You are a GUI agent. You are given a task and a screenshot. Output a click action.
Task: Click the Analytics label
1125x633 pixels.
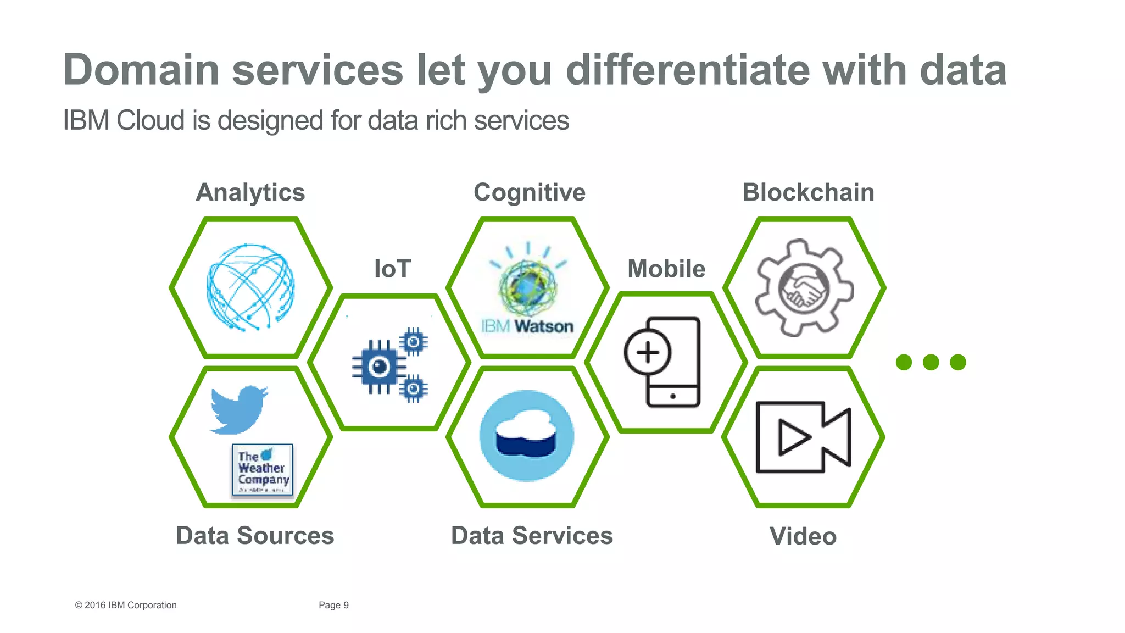[250, 193]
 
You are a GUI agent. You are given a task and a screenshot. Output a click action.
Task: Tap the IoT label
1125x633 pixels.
[392, 269]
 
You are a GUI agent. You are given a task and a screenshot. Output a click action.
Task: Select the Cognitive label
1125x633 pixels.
[530, 193]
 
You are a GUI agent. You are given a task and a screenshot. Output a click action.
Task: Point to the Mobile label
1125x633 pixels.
[666, 269]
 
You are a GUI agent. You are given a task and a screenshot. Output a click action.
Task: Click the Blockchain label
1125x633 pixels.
[808, 193]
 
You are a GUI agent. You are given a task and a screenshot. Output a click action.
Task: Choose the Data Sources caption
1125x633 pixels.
[255, 536]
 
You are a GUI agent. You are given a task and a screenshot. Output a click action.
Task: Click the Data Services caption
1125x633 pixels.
[532, 536]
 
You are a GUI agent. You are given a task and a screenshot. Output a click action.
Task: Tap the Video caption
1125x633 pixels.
[803, 536]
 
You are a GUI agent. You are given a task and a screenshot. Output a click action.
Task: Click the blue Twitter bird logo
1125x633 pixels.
[238, 410]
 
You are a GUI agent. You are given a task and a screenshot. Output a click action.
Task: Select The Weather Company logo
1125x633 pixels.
[263, 470]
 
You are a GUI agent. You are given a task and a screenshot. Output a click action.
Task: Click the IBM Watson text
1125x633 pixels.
[527, 326]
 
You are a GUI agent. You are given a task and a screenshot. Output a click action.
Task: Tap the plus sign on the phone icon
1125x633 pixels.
[648, 352]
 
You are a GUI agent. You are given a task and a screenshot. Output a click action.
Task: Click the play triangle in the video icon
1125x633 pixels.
[793, 437]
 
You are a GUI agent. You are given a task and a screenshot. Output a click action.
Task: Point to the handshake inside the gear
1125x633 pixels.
[804, 288]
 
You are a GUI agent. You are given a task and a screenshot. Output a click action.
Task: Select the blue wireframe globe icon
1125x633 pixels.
[251, 287]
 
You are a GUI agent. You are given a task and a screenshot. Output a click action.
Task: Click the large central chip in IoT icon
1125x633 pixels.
[379, 367]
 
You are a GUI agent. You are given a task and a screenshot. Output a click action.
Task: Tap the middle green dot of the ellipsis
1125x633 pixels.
[931, 362]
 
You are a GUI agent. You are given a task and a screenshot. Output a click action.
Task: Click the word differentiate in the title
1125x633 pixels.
[688, 70]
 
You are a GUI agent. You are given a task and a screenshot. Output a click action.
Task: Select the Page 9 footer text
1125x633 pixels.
[333, 605]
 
